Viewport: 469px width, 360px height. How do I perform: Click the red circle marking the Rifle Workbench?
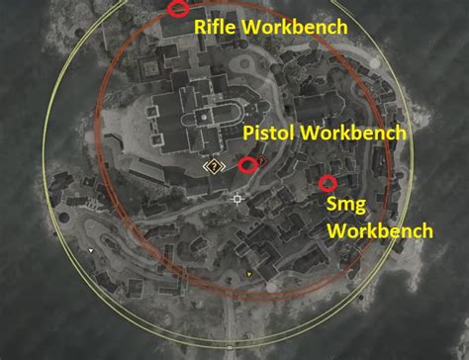178,9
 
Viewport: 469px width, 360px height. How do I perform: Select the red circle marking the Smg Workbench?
328,183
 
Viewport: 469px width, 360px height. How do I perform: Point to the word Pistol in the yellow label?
267,133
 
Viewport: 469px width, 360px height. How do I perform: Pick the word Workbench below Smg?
380,231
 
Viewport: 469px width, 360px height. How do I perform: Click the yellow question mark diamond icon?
213,166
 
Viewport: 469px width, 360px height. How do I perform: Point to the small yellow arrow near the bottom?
249,272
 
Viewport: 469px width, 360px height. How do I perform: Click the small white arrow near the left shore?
92,250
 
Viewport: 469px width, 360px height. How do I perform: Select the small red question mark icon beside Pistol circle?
261,159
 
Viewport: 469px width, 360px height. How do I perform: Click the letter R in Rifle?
199,27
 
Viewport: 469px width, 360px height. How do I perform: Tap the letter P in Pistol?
248,133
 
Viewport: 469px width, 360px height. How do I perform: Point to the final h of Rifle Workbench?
339,27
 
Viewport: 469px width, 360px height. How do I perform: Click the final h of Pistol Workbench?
401,133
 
